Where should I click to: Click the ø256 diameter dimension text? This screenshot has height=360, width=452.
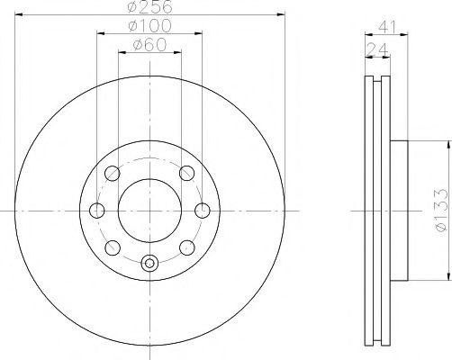tap(149, 8)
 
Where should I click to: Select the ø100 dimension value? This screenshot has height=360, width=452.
tap(149, 26)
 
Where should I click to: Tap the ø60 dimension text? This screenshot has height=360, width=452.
tap(149, 44)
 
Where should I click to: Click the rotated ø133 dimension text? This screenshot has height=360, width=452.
tap(441, 209)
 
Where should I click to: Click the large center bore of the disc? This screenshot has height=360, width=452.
tap(149, 211)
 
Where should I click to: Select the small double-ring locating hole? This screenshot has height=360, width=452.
tap(149, 263)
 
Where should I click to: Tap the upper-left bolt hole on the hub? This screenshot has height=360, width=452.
tap(113, 174)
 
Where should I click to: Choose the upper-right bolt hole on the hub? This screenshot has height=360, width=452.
tap(186, 174)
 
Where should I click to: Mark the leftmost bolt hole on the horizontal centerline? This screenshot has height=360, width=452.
tap(96, 211)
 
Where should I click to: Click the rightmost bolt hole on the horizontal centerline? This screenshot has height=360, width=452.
tap(203, 211)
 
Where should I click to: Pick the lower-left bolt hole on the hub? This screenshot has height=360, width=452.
tap(113, 247)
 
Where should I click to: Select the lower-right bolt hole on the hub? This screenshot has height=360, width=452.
tap(186, 247)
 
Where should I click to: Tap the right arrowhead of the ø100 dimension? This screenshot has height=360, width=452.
tap(201, 35)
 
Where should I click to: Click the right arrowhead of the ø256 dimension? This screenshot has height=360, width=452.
tap(283, 17)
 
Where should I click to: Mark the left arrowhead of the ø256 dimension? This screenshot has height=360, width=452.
tap(18, 17)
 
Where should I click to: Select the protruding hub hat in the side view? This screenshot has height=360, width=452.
tap(399, 211)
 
